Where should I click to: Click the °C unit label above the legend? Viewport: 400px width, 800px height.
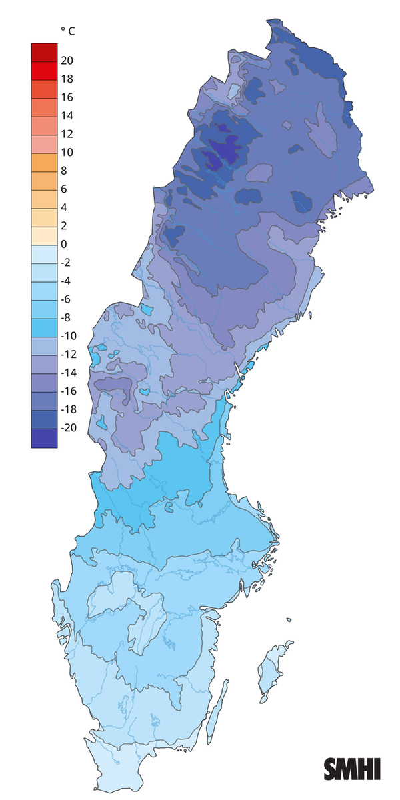click(67, 31)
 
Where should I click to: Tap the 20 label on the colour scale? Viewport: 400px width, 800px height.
click(67, 61)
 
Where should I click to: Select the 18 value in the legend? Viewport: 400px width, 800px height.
click(67, 79)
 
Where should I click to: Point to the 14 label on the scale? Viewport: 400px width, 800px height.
click(67, 115)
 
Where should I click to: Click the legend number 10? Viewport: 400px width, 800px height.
click(67, 152)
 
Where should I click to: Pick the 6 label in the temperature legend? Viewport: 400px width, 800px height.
click(64, 189)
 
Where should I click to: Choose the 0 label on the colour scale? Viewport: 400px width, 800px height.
click(64, 244)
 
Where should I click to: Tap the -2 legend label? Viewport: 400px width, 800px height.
click(67, 262)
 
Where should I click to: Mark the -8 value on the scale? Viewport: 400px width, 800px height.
click(67, 317)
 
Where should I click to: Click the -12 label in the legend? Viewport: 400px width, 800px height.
click(69, 354)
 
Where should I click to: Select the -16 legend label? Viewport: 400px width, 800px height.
click(69, 391)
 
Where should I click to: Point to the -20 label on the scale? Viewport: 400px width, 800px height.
click(69, 427)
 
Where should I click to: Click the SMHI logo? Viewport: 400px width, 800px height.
click(352, 769)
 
